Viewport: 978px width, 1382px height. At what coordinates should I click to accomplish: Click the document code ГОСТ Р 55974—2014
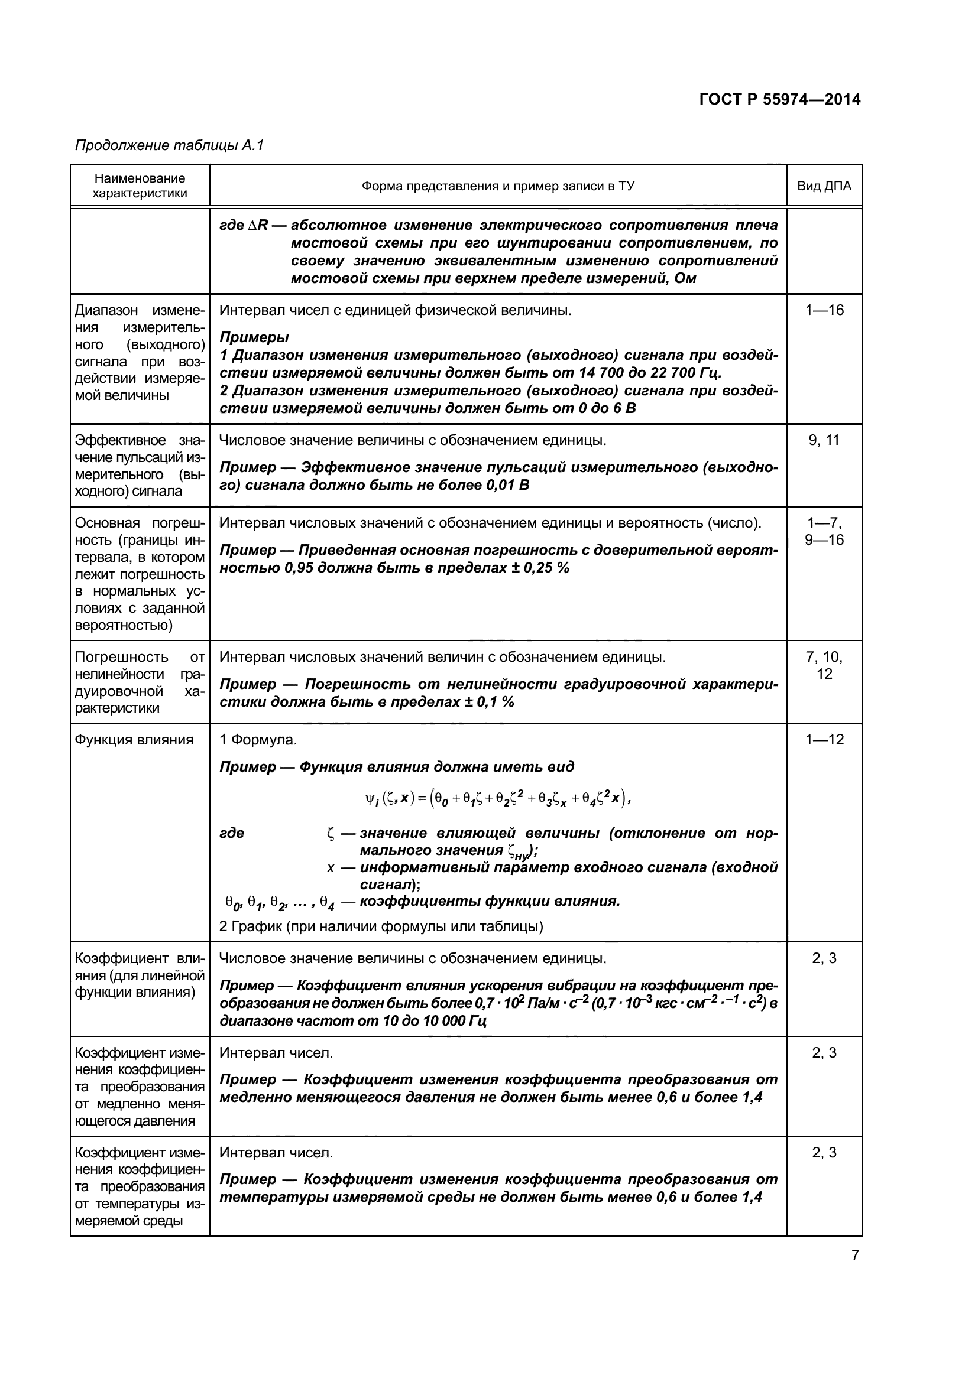click(x=780, y=99)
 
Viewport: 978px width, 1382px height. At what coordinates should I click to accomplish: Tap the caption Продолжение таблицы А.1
click(x=169, y=146)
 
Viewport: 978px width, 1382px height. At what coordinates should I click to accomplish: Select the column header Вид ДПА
click(x=824, y=186)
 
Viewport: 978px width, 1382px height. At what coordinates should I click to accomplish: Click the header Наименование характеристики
click(x=140, y=186)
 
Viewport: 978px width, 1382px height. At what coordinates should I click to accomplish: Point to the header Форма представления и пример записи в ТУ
click(x=498, y=186)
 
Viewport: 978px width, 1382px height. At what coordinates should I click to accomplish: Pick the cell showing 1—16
click(x=824, y=311)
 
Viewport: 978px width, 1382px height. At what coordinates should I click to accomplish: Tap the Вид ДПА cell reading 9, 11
click(x=824, y=441)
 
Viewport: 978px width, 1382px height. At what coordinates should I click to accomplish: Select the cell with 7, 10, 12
click(x=824, y=666)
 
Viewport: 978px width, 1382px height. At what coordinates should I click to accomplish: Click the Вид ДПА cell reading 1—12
click(x=824, y=740)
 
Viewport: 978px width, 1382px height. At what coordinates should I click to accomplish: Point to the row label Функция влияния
click(x=134, y=740)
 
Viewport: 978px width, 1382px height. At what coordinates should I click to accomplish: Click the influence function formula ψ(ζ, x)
click(x=497, y=799)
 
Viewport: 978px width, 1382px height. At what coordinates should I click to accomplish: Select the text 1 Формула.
click(x=258, y=740)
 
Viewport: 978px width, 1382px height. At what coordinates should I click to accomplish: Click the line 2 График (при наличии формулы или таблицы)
click(x=381, y=926)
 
